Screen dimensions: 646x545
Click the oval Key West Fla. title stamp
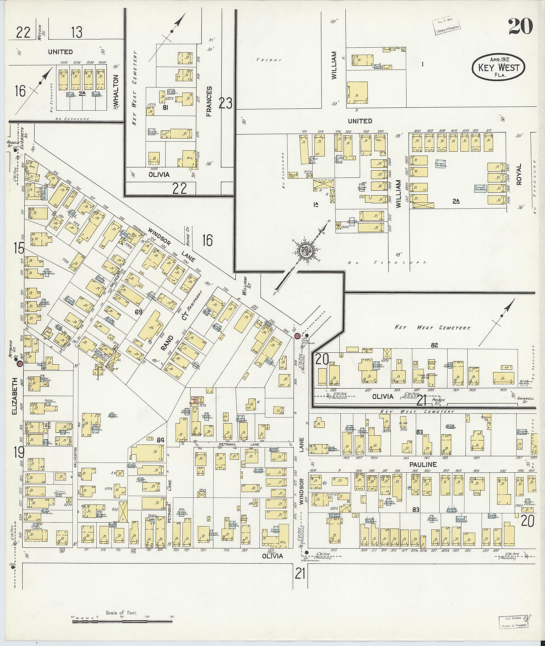(499, 68)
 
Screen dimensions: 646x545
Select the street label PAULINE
(423, 464)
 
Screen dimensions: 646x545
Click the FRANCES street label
(209, 101)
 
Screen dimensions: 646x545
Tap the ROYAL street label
(518, 174)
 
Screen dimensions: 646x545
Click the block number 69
(138, 312)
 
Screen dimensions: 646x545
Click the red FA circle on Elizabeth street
(19, 364)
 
